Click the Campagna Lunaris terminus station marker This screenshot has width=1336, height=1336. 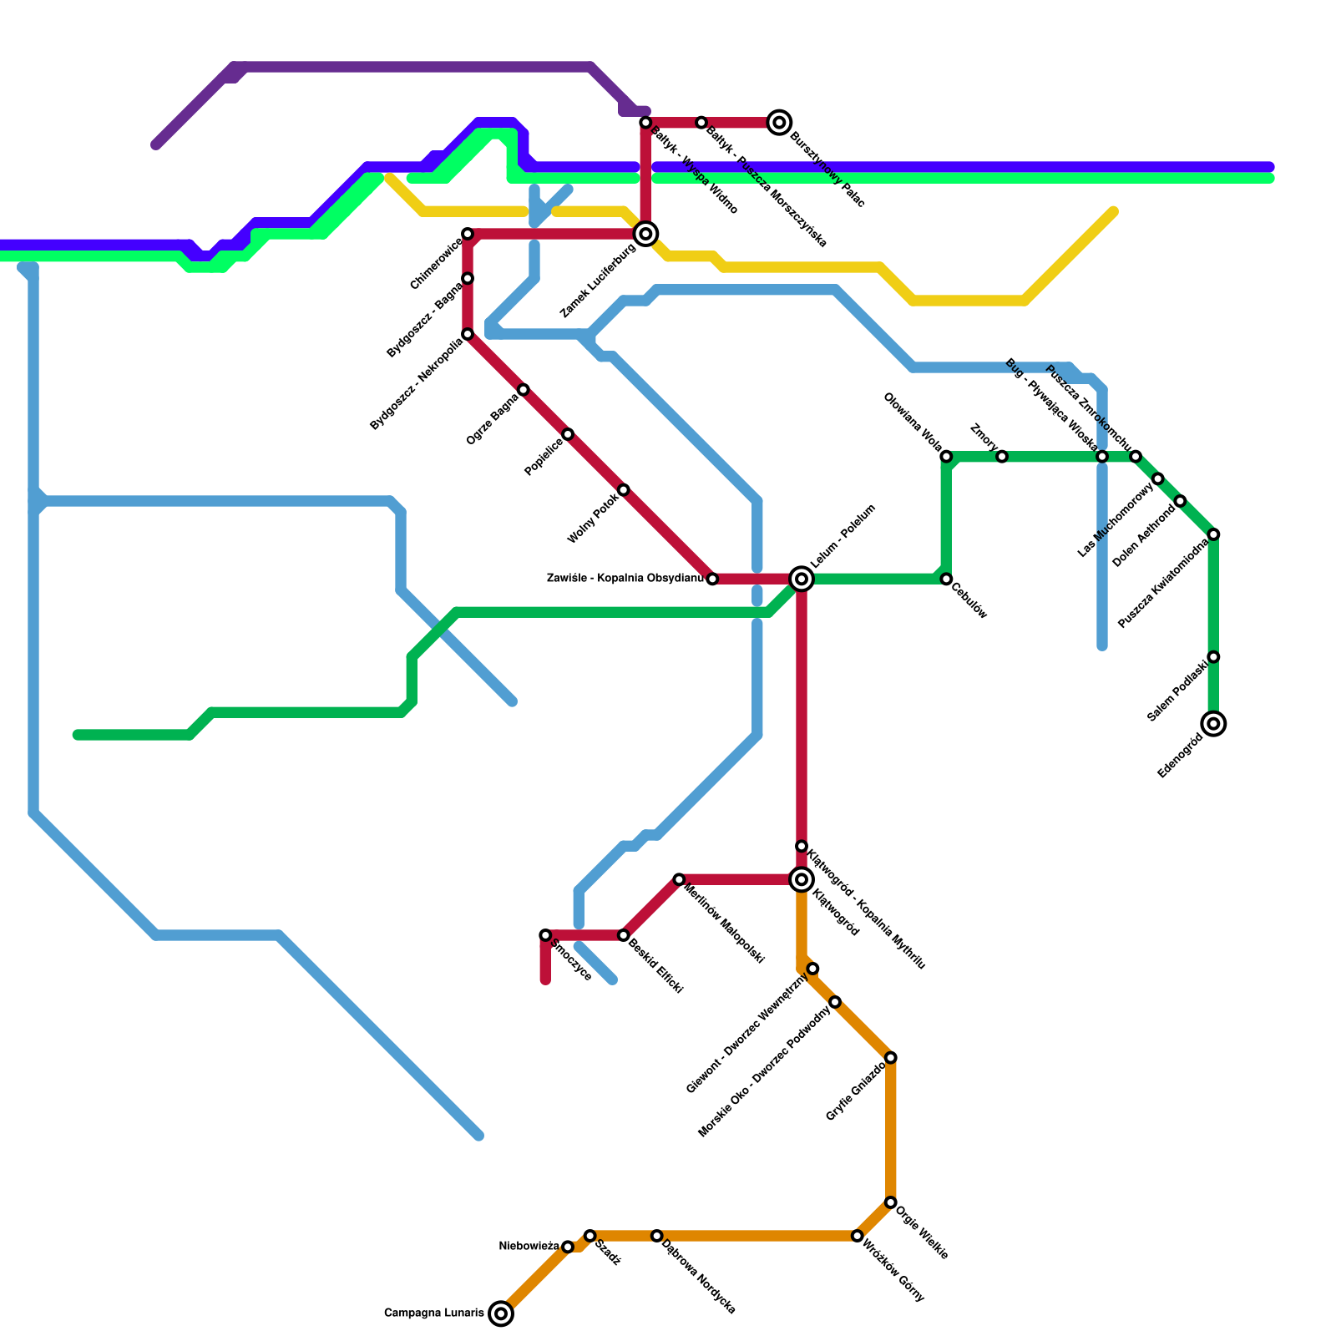tap(501, 1313)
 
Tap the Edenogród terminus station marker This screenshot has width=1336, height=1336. tap(1214, 723)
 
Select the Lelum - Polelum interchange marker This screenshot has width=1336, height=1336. tap(802, 579)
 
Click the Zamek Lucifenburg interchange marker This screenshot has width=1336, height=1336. tap(645, 234)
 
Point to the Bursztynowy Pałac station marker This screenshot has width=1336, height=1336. tap(780, 123)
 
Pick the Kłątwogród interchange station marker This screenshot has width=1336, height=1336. tap(802, 879)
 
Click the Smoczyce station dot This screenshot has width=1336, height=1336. tap(545, 935)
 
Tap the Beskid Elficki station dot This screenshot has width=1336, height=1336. tap(624, 935)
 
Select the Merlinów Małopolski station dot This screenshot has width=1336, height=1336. tap(679, 879)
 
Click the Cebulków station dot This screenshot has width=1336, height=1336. tap(946, 579)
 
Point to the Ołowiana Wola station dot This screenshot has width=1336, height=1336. tap(946, 457)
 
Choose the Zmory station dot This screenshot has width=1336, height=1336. tap(1002, 457)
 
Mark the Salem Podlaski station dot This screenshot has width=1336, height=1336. tap(1214, 657)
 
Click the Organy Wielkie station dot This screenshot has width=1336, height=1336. tap(891, 1202)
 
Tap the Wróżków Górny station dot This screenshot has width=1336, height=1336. tap(858, 1236)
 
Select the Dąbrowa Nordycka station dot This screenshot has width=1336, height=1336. tap(657, 1236)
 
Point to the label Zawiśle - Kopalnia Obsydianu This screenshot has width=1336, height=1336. tap(625, 578)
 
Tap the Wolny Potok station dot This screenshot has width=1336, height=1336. tap(624, 490)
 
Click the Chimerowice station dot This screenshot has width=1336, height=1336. tap(468, 234)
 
